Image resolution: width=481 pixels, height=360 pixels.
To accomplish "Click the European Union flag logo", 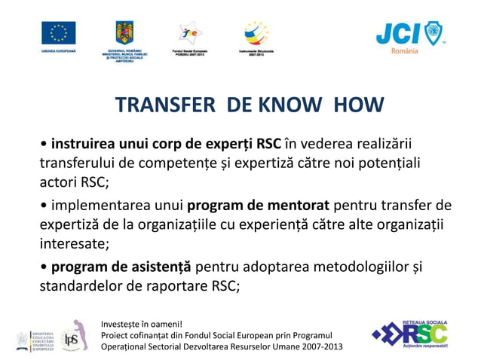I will pos(58,34).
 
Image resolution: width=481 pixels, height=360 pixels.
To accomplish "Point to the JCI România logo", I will pos(410,35).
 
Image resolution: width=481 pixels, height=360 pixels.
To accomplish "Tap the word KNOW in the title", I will pos(292,105).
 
